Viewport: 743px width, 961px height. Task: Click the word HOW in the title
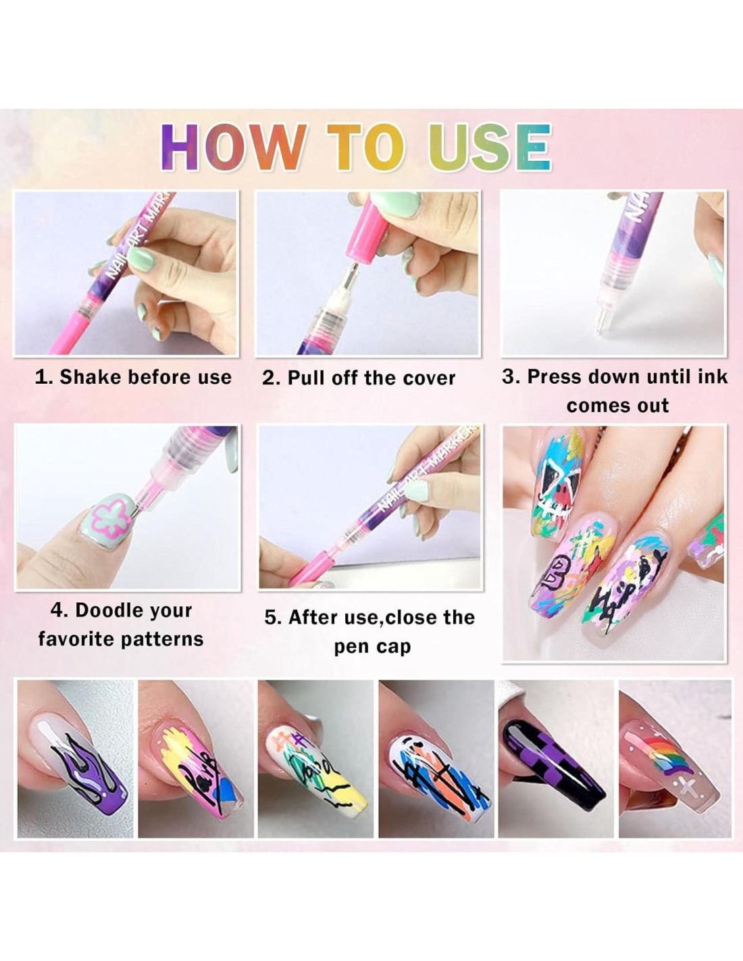click(x=234, y=147)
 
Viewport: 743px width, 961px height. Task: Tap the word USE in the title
click(x=490, y=147)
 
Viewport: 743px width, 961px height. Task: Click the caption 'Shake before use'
click(x=145, y=377)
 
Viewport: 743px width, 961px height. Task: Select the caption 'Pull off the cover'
click(x=371, y=378)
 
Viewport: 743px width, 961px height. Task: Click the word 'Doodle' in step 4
click(x=104, y=611)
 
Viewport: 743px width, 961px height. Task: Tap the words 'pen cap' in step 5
click(x=372, y=647)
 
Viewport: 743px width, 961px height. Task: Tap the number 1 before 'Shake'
click(x=41, y=377)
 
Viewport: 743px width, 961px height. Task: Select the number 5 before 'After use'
click(x=272, y=618)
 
